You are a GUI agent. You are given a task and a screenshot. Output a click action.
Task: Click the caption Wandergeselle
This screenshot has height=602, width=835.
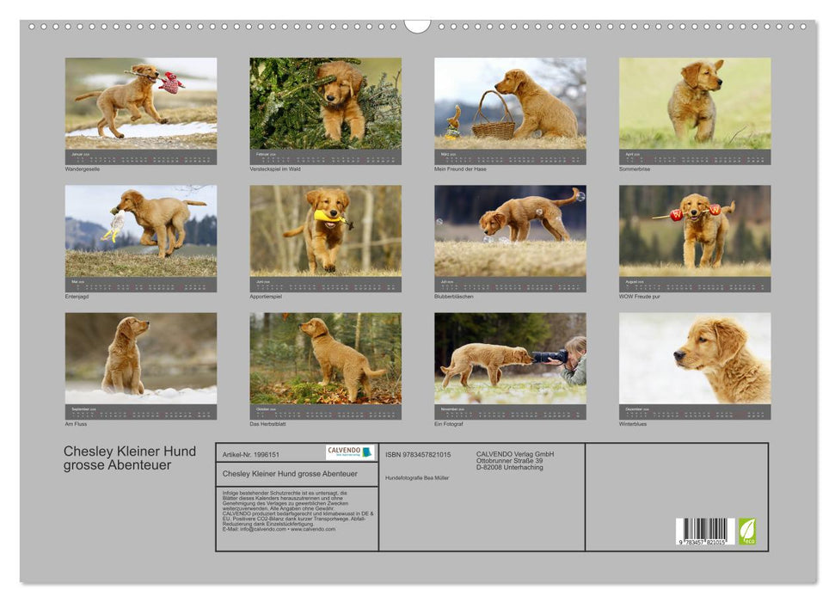coord(83,169)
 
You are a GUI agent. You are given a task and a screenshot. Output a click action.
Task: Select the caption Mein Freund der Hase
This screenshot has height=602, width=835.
coord(460,169)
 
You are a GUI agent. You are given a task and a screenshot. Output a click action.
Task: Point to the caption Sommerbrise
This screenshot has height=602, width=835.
coord(635,169)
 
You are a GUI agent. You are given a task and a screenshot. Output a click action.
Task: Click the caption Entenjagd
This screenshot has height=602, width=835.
coord(77,297)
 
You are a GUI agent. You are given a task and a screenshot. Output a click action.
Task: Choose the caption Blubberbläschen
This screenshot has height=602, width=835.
coord(454,297)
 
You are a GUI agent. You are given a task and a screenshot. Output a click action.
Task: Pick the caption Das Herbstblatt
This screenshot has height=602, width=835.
coord(267,424)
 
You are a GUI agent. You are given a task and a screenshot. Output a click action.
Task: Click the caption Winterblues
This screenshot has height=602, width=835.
coord(633,424)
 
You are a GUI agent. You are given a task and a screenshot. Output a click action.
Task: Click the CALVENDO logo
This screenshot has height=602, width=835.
coord(350,452)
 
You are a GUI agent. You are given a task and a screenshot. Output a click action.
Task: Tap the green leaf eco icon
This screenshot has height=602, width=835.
coord(747,531)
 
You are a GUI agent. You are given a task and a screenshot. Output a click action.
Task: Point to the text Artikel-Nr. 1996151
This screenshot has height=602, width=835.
coord(251,454)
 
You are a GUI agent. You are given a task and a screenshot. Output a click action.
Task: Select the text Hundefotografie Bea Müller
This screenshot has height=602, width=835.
coord(418,477)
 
